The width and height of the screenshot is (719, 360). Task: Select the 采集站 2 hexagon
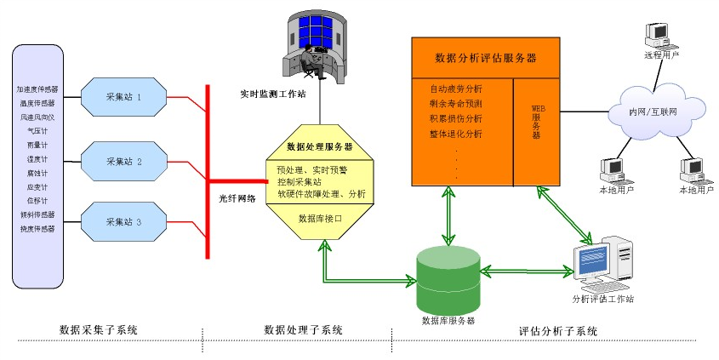click(x=124, y=160)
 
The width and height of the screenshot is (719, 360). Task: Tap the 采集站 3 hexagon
click(x=124, y=222)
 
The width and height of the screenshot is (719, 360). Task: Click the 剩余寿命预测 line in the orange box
click(x=456, y=103)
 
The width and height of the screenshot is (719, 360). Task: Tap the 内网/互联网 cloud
click(x=652, y=111)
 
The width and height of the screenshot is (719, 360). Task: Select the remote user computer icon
click(x=657, y=35)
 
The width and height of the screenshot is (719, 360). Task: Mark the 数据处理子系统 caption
click(x=304, y=329)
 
